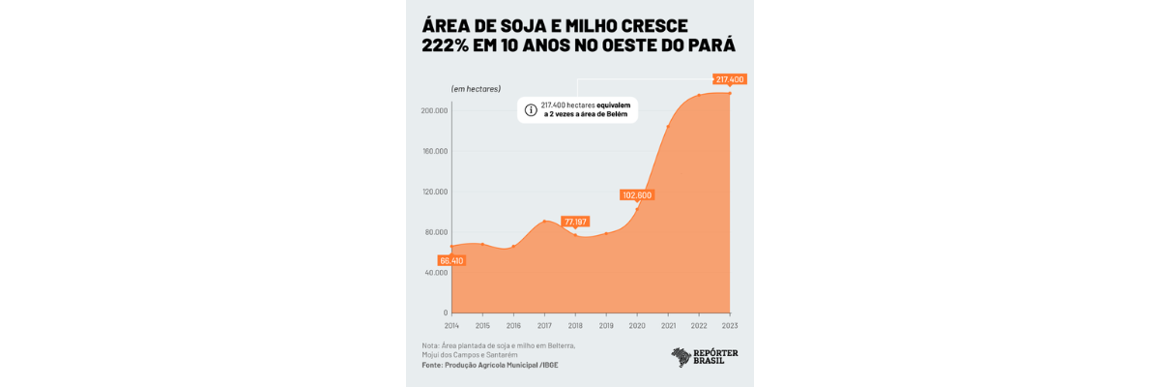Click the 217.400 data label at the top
730,79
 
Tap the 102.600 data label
637,195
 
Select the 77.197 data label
576,222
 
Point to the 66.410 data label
451,260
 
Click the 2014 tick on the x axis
451,326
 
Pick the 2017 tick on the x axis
544,326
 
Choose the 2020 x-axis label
637,326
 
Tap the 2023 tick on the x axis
729,326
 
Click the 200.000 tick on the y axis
434,110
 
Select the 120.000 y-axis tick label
434,192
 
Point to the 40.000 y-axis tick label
435,273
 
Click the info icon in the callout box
531,109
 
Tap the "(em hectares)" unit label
476,89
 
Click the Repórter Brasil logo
705,357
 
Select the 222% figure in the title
449,45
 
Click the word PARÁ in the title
709,45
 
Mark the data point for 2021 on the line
668,127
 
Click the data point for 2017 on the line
544,221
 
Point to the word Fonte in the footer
432,365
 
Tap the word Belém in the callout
614,114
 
